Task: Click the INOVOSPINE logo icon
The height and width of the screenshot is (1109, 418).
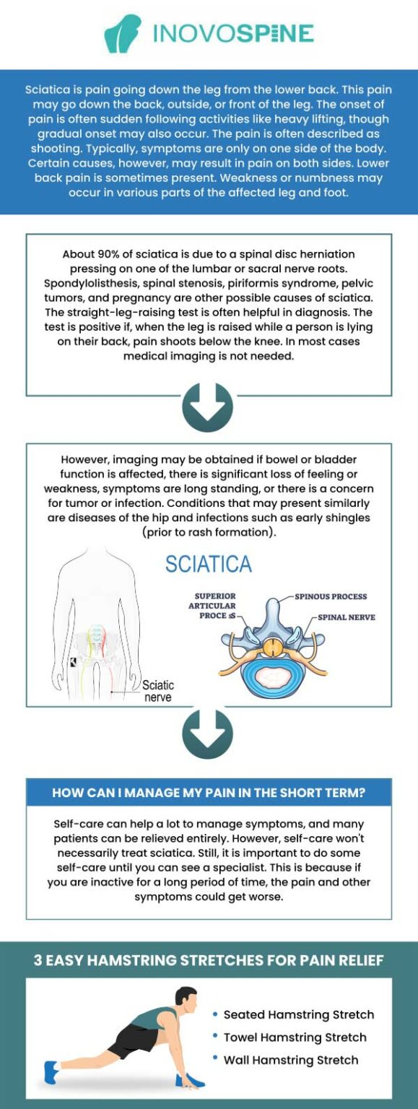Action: pyautogui.click(x=122, y=34)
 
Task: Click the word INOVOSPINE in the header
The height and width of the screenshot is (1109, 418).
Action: pyautogui.click(x=232, y=33)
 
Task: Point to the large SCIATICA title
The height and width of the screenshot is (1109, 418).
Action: pyautogui.click(x=208, y=564)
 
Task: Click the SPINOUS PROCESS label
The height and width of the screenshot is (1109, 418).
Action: pyautogui.click(x=331, y=597)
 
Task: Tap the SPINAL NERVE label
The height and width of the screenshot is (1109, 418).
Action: pyautogui.click(x=347, y=618)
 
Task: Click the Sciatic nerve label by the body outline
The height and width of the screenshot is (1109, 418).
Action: pyautogui.click(x=157, y=691)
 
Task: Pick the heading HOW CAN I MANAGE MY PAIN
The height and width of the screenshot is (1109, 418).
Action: pyautogui.click(x=209, y=793)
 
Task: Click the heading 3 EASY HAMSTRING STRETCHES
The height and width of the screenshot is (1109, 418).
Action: pyautogui.click(x=209, y=961)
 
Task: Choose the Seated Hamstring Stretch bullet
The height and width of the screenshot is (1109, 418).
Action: pyautogui.click(x=298, y=1014)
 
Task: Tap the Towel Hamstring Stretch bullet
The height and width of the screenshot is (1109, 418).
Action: pyautogui.click(x=295, y=1038)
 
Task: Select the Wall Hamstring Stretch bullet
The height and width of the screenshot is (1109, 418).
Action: pyautogui.click(x=290, y=1060)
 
